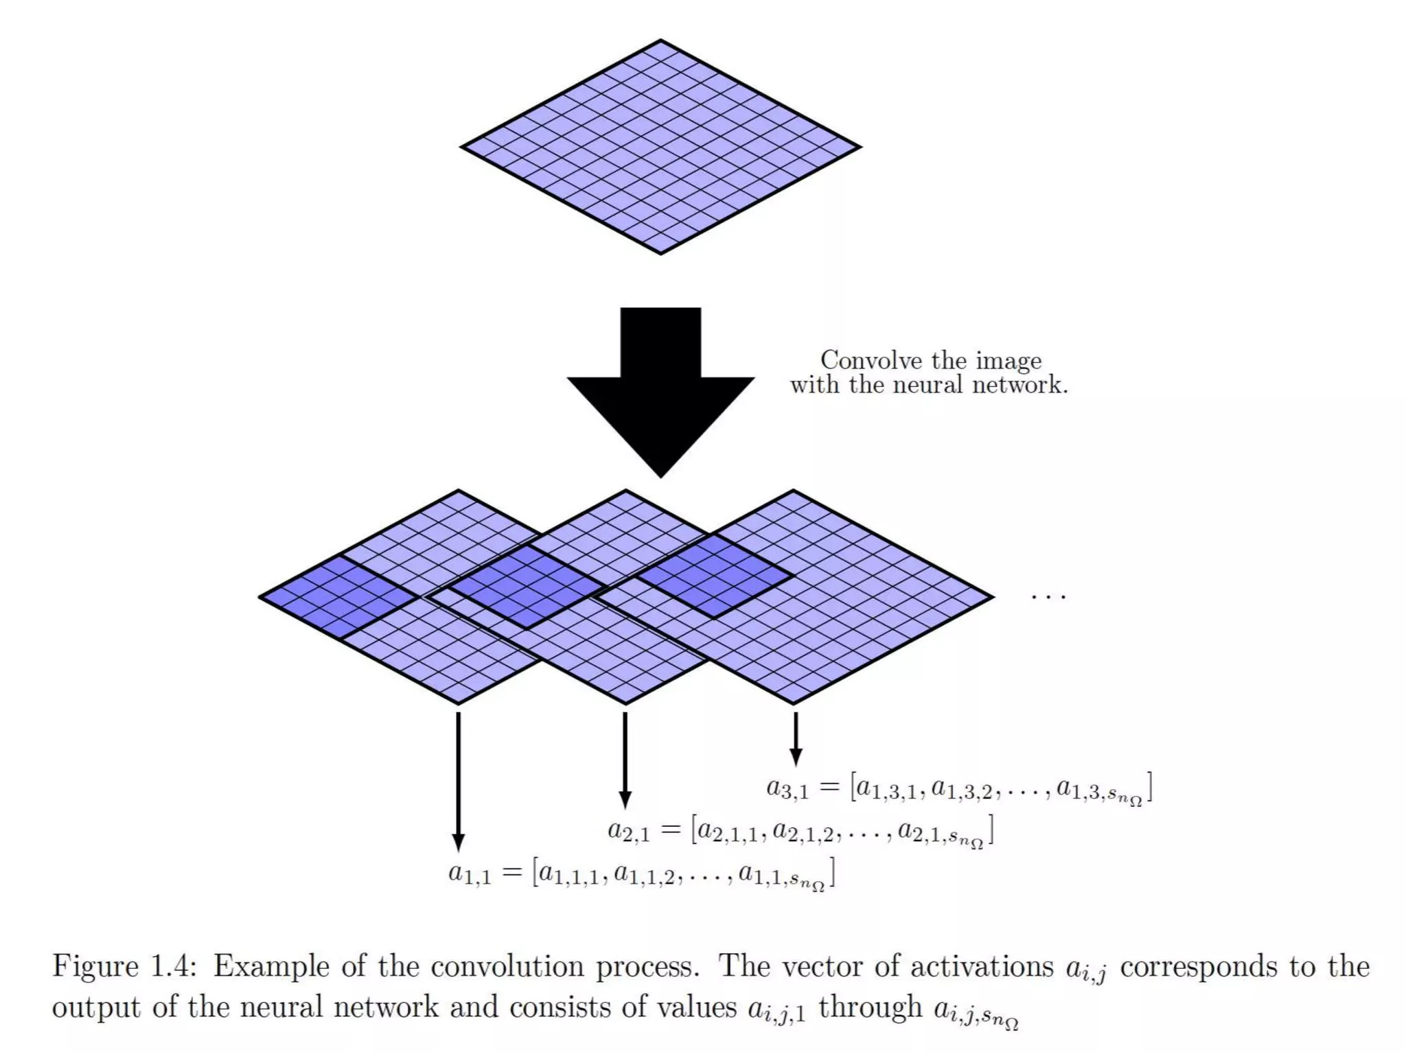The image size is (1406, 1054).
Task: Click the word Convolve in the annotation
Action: pos(871,360)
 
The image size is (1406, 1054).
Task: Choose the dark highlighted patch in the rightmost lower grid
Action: pos(714,576)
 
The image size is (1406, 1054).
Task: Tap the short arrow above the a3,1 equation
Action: pos(796,738)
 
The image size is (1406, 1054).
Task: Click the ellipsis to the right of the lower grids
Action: pos(1048,597)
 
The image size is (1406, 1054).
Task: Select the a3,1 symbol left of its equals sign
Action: pos(787,788)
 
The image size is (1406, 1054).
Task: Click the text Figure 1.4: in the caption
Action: pos(124,966)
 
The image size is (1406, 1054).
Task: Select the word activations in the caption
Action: pos(982,966)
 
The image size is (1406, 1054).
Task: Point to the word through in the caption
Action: pos(871,1007)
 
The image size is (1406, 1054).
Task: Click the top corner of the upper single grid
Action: pos(660,41)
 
